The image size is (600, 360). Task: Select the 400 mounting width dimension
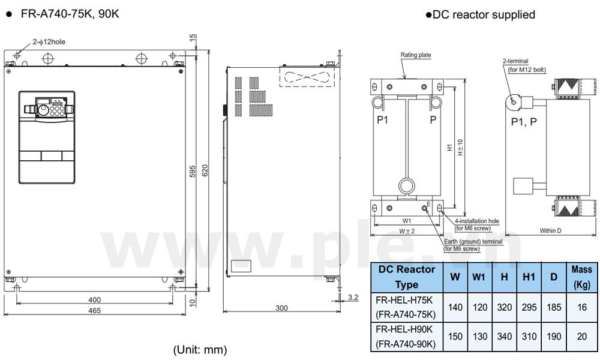click(x=94, y=299)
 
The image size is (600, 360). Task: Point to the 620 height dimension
click(x=206, y=171)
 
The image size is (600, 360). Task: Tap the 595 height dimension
click(x=193, y=171)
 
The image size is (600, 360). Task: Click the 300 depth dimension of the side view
click(x=281, y=308)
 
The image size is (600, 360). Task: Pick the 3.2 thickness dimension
click(x=353, y=297)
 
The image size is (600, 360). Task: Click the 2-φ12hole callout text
click(x=49, y=41)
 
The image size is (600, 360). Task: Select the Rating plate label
click(x=416, y=55)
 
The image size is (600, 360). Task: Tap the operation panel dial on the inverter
click(x=43, y=110)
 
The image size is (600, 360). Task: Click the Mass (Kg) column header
click(x=581, y=277)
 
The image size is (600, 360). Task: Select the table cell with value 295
click(x=529, y=307)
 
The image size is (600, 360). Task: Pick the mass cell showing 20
click(x=581, y=337)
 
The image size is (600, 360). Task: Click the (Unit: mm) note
click(x=200, y=349)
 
